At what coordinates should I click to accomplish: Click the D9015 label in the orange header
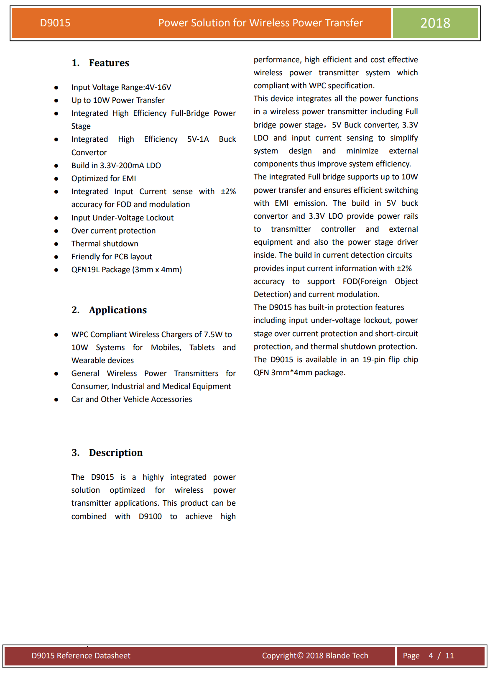(55, 23)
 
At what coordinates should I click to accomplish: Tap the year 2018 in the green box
(435, 23)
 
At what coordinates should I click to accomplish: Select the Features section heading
(109, 63)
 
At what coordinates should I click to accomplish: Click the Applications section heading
(117, 310)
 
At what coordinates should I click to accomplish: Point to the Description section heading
(115, 453)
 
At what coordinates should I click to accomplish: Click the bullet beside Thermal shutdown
(56, 244)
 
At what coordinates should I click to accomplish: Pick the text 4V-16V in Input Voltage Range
(158, 87)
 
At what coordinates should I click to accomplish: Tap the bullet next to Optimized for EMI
(56, 179)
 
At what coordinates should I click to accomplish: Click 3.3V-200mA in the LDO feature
(121, 166)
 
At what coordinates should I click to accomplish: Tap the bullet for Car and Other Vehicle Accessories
(56, 400)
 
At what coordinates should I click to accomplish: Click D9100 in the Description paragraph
(150, 517)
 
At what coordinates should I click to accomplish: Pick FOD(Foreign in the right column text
(365, 281)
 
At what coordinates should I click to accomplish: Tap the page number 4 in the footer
(431, 656)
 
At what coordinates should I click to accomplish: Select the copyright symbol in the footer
(300, 656)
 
